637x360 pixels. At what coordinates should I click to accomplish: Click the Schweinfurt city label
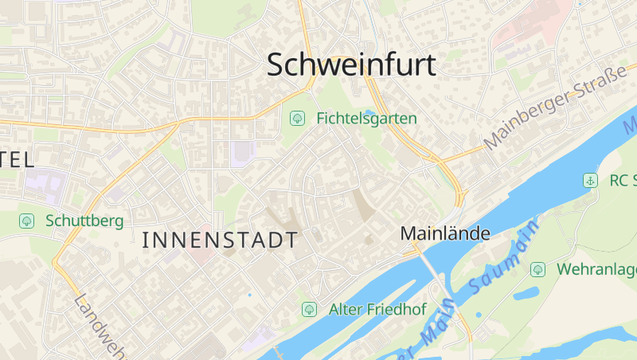point(351,65)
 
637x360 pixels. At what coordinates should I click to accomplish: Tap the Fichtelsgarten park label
point(366,119)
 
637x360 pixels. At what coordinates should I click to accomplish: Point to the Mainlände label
point(445,234)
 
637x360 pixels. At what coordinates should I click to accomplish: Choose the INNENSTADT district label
point(220,240)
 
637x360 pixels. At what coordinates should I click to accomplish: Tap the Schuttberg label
point(84,220)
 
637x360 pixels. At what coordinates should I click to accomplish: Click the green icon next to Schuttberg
point(26,220)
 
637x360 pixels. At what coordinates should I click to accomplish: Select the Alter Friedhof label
point(377,309)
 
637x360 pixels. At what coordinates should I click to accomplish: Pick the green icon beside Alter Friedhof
point(309,309)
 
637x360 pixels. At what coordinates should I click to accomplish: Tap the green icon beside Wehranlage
point(538,269)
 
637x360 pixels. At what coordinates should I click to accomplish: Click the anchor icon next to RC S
point(590,180)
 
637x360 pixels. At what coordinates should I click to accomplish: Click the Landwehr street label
point(100,327)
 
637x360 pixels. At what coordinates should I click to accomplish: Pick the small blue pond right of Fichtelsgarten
point(369,112)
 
